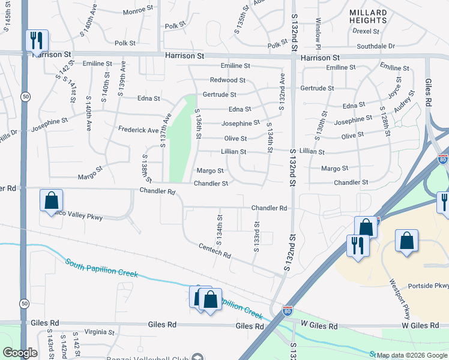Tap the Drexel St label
pos(369,30)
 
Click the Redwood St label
pos(228,80)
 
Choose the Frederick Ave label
pos(138,130)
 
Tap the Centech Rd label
pos(215,251)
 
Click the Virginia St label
pos(99,332)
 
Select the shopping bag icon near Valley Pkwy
pos(52,200)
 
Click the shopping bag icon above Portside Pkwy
pos(407,241)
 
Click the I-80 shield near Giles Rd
pos(288,311)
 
